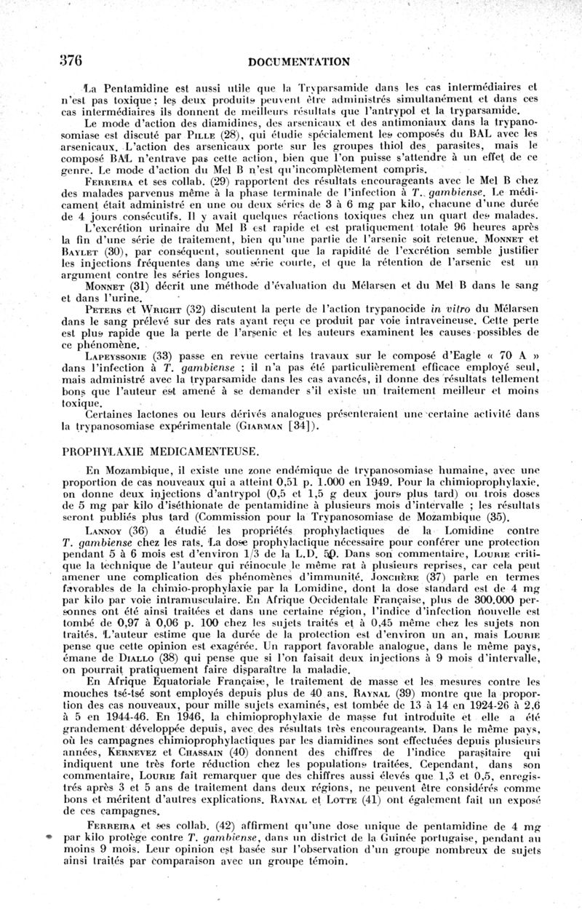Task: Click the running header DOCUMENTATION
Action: click(x=299, y=62)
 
